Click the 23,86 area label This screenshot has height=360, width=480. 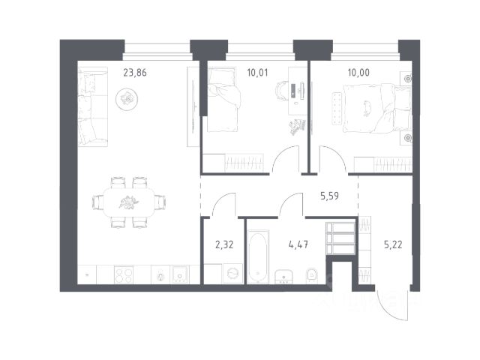pyautogui.click(x=135, y=73)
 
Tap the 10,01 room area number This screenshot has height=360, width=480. pyautogui.click(x=257, y=73)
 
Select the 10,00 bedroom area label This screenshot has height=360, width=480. pyautogui.click(x=358, y=73)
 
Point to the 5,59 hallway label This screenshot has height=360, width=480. pyautogui.click(x=330, y=196)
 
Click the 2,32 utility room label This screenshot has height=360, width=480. pyautogui.click(x=224, y=244)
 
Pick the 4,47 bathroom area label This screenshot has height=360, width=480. pyautogui.click(x=298, y=244)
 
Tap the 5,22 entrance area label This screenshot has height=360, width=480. pyautogui.click(x=393, y=244)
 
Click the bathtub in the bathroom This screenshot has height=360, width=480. pyautogui.click(x=258, y=256)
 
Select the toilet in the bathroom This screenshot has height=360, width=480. pyautogui.click(x=312, y=275)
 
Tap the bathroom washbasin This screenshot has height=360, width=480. pyautogui.click(x=283, y=277)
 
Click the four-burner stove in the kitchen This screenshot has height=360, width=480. pyautogui.click(x=124, y=274)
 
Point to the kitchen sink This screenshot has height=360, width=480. pyautogui.click(x=180, y=274)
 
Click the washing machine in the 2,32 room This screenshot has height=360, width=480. pyautogui.click(x=233, y=273)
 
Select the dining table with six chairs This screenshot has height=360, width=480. pyautogui.click(x=129, y=202)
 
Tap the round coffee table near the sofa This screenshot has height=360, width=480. pyautogui.click(x=127, y=99)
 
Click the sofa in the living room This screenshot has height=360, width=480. pyautogui.click(x=93, y=106)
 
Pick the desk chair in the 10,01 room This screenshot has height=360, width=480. pyautogui.click(x=282, y=91)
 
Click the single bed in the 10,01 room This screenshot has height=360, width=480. pyautogui.click(x=223, y=100)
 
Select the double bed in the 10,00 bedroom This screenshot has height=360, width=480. pyautogui.click(x=377, y=108)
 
